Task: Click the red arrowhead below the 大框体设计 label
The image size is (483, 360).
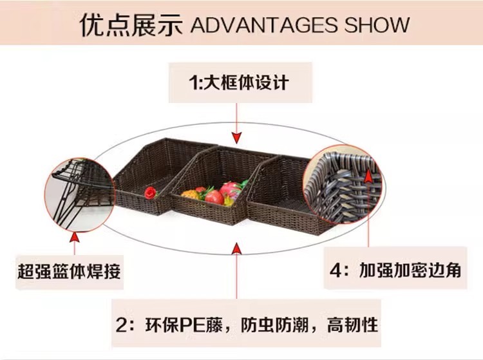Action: [x=238, y=137]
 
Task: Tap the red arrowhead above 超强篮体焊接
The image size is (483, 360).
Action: [x=75, y=238]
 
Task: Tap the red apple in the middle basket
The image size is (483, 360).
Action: [x=215, y=197]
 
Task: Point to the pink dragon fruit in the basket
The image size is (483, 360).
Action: [x=230, y=189]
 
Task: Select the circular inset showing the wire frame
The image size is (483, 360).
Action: [x=75, y=190]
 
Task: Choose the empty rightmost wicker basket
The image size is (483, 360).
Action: [x=283, y=193]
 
